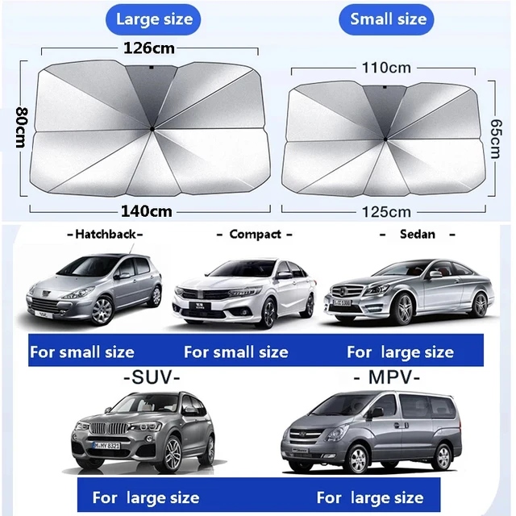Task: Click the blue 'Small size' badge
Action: [388, 19]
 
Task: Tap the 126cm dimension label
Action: [149, 48]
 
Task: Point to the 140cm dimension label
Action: [148, 211]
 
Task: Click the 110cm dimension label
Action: [386, 69]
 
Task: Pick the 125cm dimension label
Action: [386, 211]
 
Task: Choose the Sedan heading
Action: [417, 234]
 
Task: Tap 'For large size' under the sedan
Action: [400, 352]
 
